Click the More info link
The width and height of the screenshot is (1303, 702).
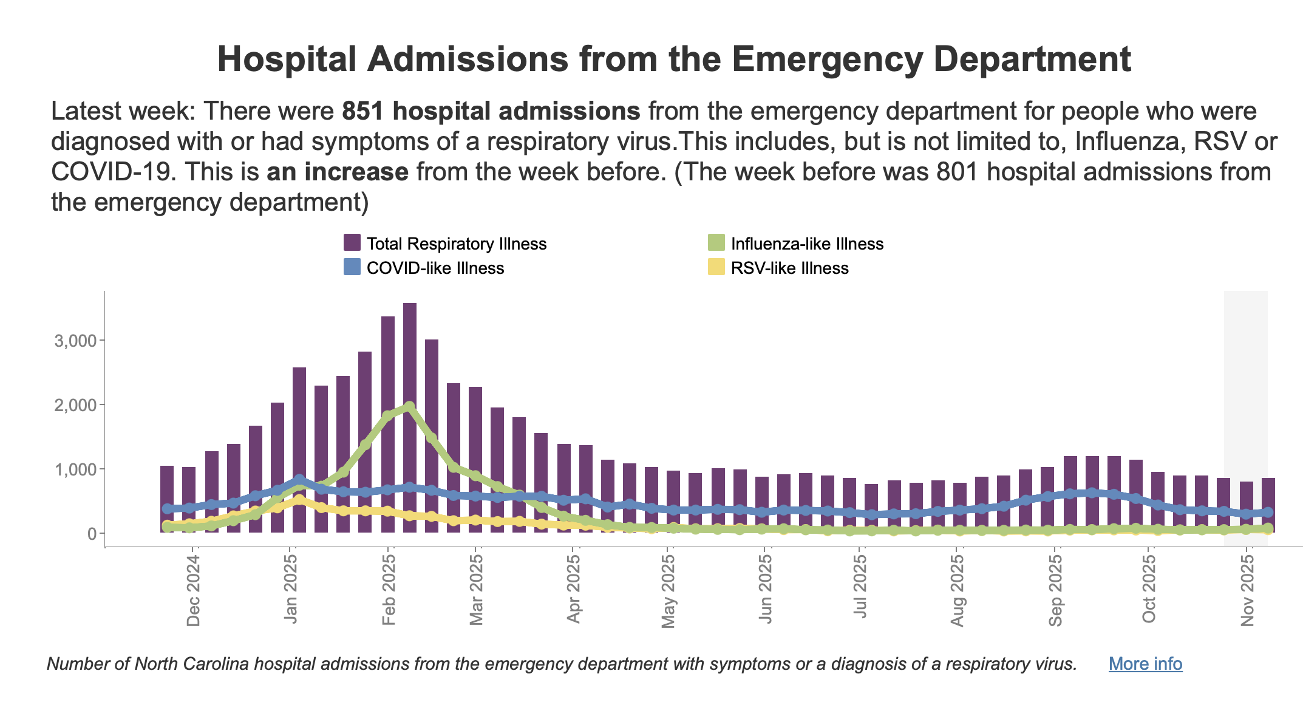pos(1145,664)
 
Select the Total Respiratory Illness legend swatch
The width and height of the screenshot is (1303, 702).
pos(352,244)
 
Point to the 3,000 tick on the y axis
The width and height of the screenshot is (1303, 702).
pos(75,341)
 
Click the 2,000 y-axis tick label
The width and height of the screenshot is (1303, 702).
pos(75,405)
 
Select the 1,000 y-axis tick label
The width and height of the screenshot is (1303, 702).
pos(75,469)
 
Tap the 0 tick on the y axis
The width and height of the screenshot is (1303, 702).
pos(92,534)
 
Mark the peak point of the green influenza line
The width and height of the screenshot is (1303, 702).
pos(410,406)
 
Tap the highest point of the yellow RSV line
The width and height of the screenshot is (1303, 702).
pos(299,500)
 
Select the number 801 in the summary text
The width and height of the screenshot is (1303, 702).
pos(957,172)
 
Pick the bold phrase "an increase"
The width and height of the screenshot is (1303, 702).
pos(338,172)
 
